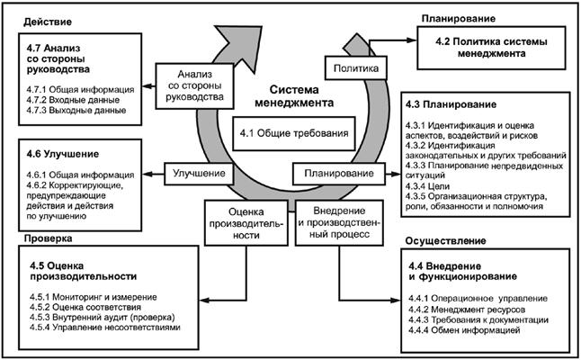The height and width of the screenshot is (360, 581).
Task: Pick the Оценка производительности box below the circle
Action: [x=235, y=220]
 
